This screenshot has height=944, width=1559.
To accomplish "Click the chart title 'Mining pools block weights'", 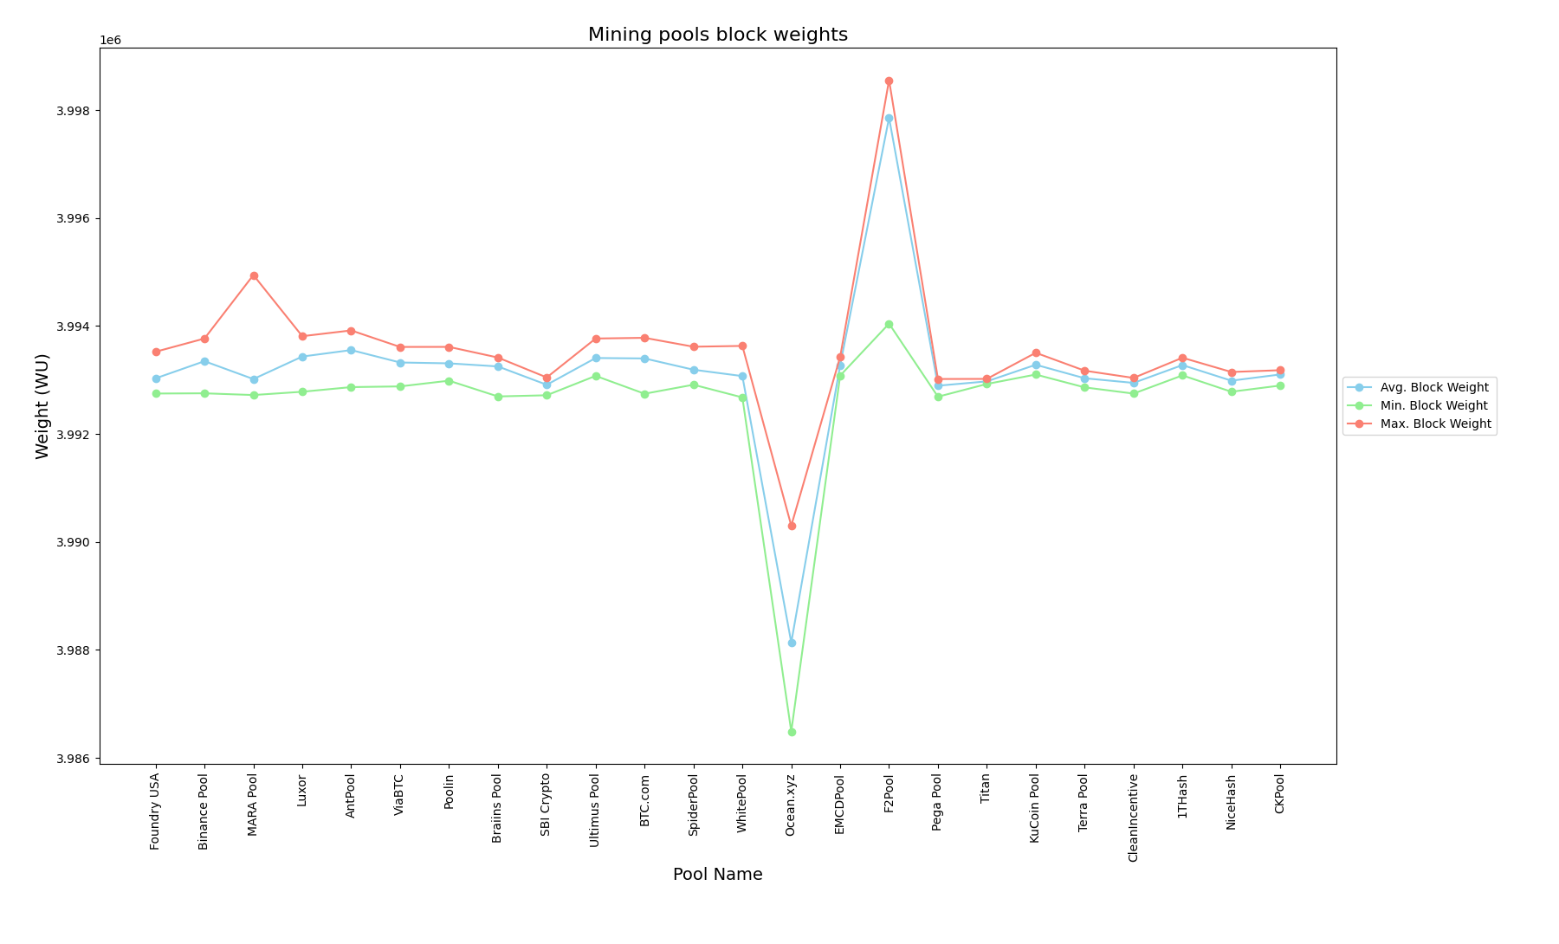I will pos(717,35).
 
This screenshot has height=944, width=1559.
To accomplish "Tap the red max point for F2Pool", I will pos(889,81).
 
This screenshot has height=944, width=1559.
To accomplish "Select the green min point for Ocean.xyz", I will pos(792,732).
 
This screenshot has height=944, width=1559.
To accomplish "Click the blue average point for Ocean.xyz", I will pos(792,643).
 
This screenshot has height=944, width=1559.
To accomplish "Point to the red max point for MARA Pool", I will pos(254,276).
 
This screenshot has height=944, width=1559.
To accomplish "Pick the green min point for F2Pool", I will pos(889,325).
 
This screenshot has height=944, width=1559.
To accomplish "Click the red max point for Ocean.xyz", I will pos(792,526).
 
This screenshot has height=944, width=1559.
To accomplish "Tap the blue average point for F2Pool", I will pos(889,119).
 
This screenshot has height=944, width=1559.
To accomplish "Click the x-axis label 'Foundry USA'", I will pos(155,811).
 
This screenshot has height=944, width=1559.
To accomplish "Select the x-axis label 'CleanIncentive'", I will pos(1134,817).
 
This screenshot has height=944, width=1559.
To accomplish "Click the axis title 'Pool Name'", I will pos(717,875).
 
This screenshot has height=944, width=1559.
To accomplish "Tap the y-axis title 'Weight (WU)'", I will pos(42,405).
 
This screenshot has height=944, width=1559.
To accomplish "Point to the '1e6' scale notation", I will pos(110,41).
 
